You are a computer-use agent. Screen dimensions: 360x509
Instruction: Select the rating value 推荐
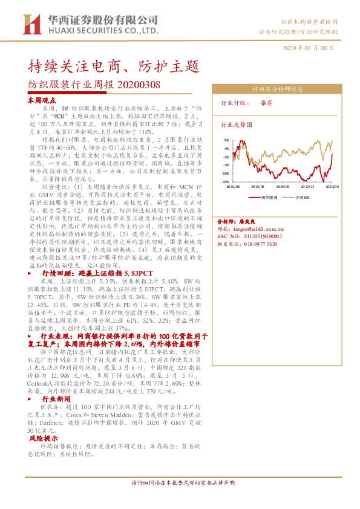[267, 103]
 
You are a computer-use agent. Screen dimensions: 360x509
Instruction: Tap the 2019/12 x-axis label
[307, 187]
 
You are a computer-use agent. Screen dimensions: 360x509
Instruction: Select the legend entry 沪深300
[303, 197]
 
